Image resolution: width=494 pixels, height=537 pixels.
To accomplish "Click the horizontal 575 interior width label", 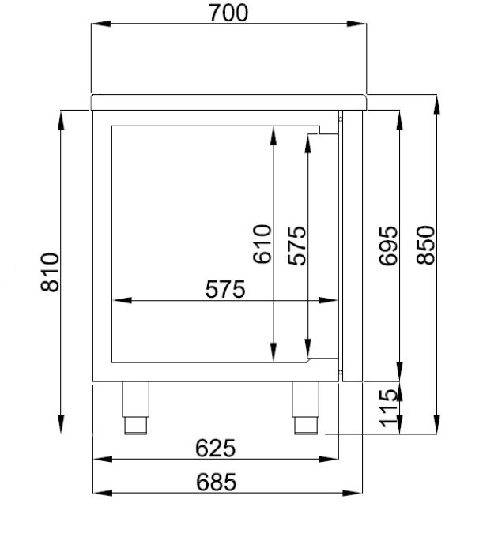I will coord(225,290).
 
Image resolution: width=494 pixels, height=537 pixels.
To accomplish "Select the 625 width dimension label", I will coord(215,448).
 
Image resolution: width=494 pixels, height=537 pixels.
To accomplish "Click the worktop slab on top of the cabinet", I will coord(230,101).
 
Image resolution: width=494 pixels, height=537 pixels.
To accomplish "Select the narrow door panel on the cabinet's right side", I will coord(352,246).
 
